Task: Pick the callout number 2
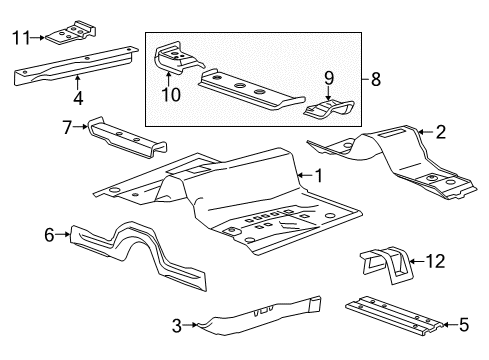(439, 130)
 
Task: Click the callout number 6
(48, 234)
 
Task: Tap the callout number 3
(176, 324)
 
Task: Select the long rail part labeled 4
(75, 68)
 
